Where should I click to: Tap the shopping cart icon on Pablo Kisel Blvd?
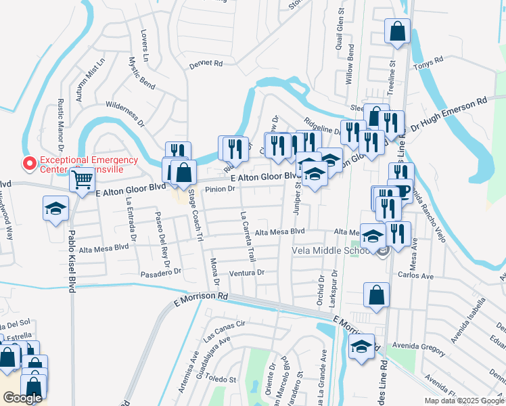click(x=82, y=180)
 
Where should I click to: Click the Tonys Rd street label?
click(x=429, y=62)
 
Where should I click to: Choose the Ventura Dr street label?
click(x=246, y=273)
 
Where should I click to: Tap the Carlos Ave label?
click(x=415, y=276)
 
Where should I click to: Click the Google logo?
click(x=22, y=398)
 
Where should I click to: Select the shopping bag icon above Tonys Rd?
click(x=397, y=30)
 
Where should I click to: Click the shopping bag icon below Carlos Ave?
click(x=376, y=295)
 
